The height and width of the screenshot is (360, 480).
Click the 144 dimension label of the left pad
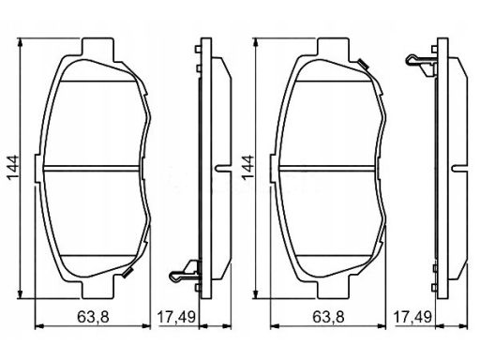(x=13, y=168)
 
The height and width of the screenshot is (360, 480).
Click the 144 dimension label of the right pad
(x=248, y=168)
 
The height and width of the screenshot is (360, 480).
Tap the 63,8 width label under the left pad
(x=93, y=317)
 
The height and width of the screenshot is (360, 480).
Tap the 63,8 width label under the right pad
(x=329, y=317)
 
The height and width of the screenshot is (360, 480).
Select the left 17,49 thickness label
(x=176, y=317)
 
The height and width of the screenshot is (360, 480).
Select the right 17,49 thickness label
(x=412, y=317)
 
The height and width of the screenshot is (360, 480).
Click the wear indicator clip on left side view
(x=185, y=271)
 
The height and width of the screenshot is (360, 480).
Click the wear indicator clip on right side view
(x=421, y=65)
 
